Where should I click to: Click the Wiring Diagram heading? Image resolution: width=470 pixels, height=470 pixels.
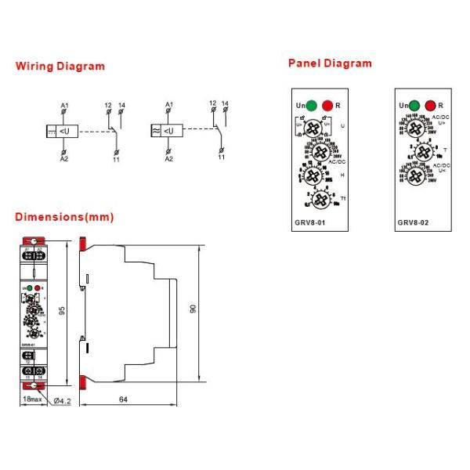[x=60, y=67]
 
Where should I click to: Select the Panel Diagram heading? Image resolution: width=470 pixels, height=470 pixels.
[x=330, y=63]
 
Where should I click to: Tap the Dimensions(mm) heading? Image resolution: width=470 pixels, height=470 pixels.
[x=64, y=217]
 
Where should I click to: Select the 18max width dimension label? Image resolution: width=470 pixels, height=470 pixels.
[x=31, y=400]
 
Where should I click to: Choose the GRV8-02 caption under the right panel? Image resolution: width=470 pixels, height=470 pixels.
[x=413, y=222]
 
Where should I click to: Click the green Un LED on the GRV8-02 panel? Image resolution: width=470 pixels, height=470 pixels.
[x=415, y=105]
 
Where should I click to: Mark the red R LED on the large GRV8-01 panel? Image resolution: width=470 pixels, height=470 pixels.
[x=327, y=105]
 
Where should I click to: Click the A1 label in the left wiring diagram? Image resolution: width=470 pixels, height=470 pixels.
[x=64, y=105]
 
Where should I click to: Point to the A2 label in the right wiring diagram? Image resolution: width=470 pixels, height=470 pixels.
[x=168, y=158]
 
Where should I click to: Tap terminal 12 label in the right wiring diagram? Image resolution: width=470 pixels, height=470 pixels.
[x=212, y=103]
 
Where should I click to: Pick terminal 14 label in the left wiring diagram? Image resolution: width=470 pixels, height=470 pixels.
[x=121, y=105]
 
